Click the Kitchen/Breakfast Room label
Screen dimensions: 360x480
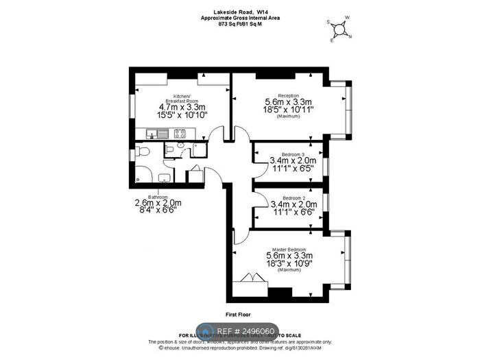coord(182,99)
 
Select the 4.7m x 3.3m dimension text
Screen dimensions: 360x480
coord(182,107)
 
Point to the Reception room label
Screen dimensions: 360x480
coord(288,95)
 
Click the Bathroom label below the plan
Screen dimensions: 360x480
coord(149,196)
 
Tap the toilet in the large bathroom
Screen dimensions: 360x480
coord(139,171)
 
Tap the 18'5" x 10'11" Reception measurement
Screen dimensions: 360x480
coord(289,110)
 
